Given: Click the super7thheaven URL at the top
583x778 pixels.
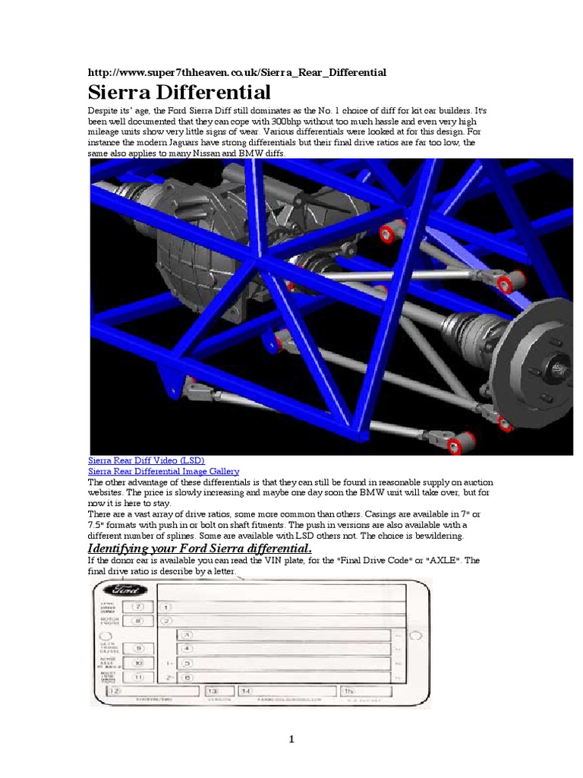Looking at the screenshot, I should click(237, 72).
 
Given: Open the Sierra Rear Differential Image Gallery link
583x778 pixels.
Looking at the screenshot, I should click(163, 471).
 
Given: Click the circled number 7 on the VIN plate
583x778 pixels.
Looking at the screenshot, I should click(137, 607).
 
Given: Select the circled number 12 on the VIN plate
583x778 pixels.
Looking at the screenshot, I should click(114, 691).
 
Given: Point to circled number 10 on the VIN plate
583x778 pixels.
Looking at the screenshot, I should click(137, 663).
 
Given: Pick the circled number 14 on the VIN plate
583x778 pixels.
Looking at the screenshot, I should click(246, 691).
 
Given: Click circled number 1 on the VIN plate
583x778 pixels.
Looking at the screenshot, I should click(165, 607).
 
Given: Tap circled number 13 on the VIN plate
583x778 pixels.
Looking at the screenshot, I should click(213, 691).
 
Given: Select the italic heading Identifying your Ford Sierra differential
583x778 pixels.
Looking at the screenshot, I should click(200, 549).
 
